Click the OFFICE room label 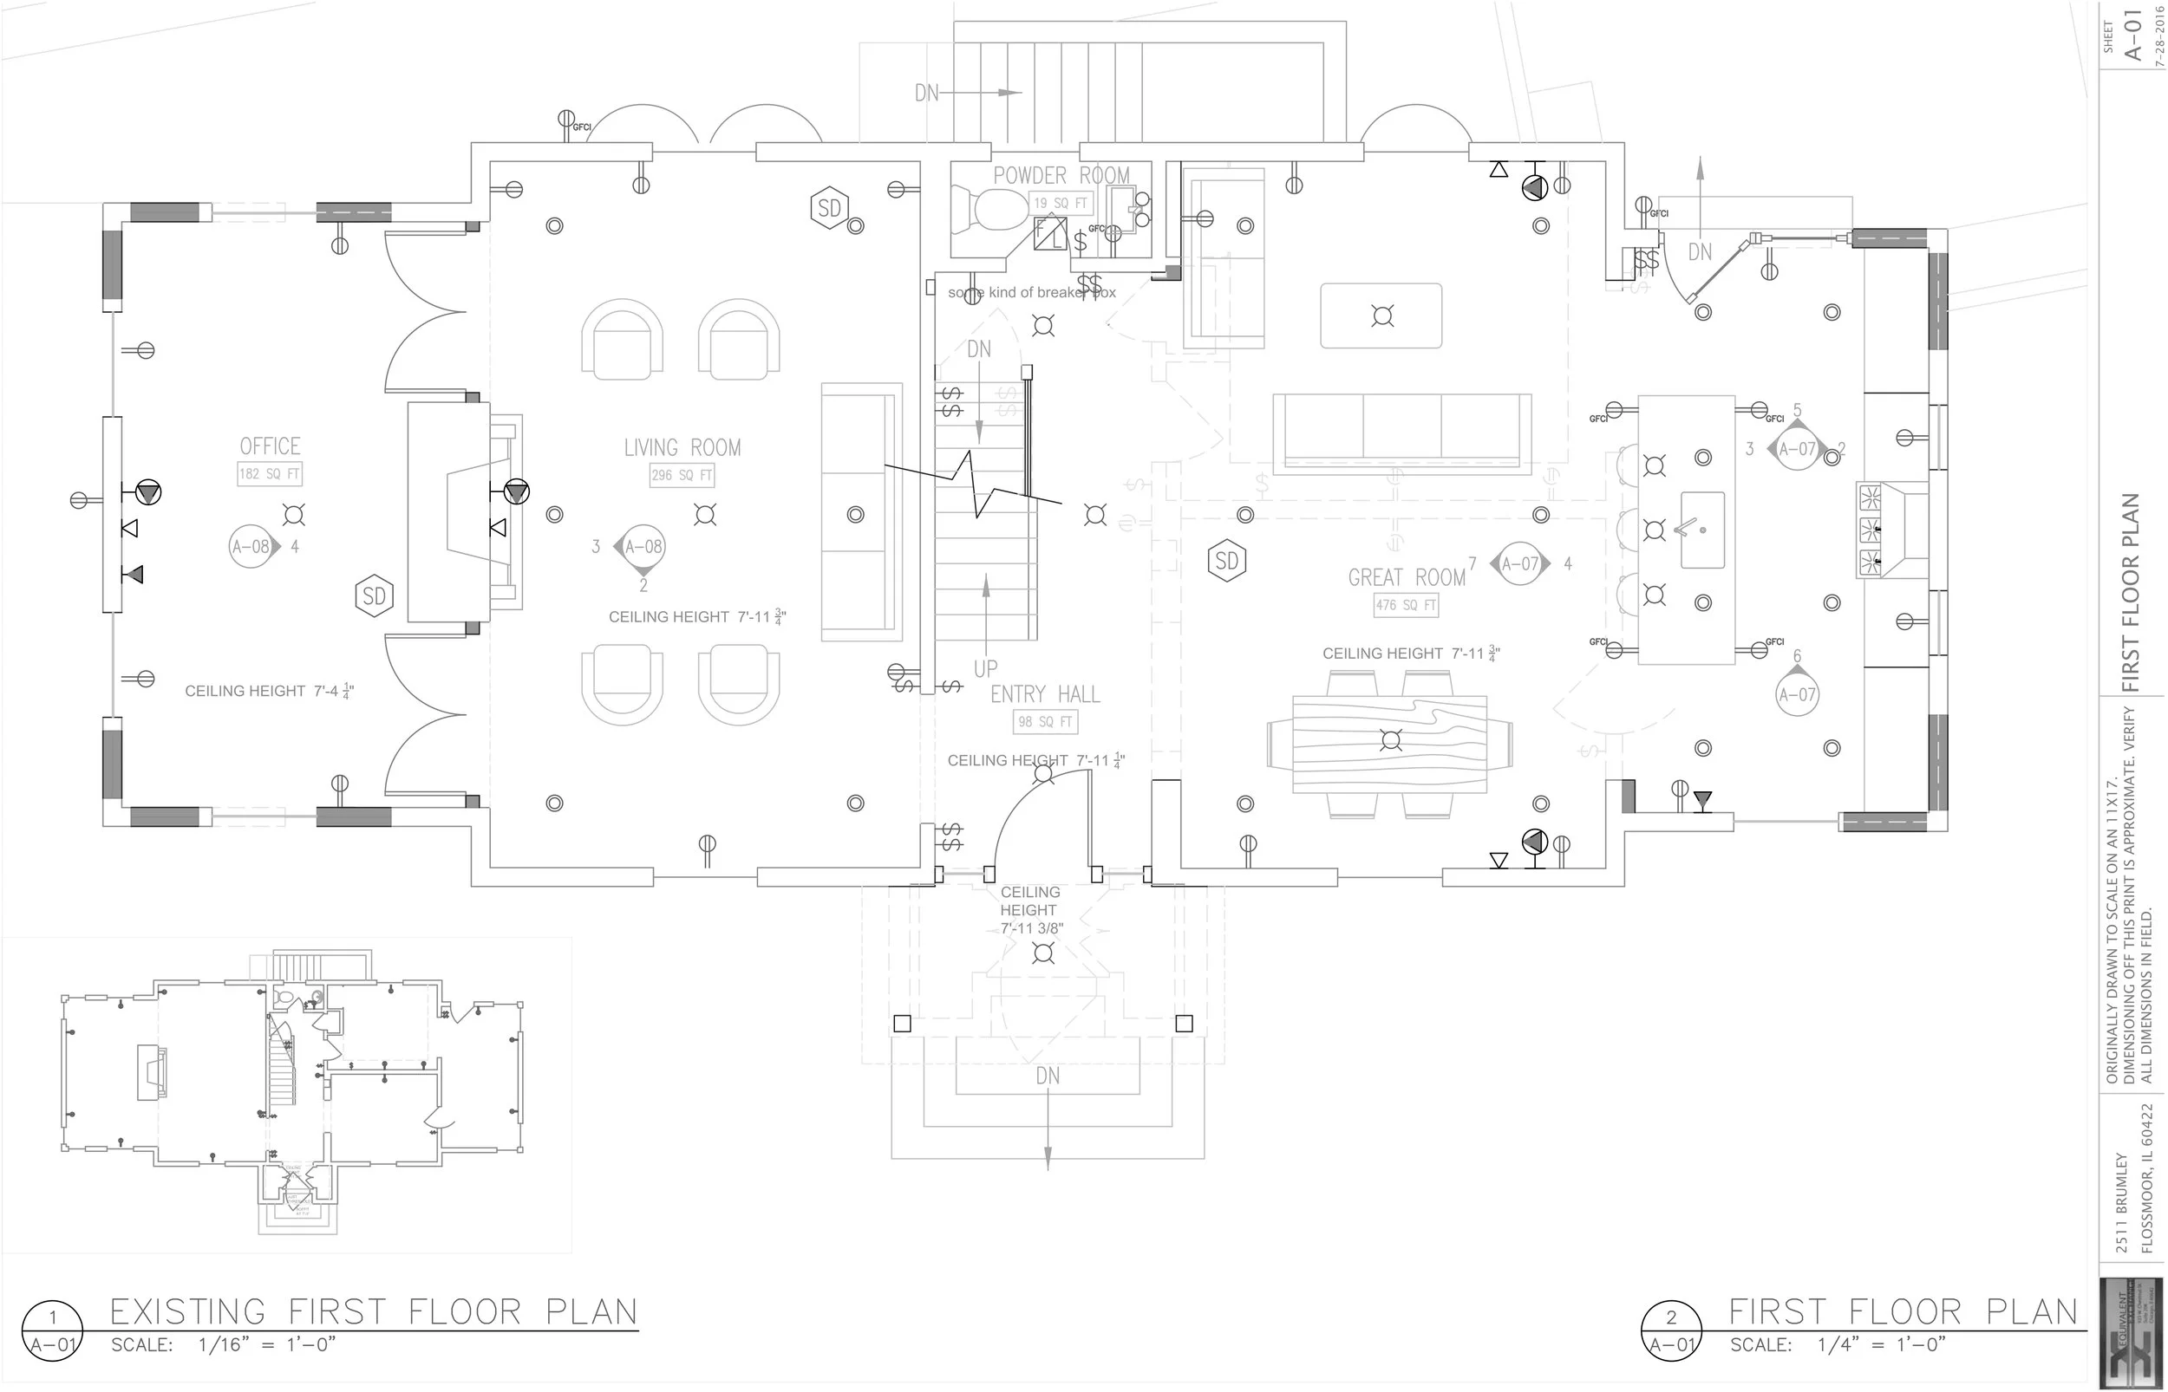(x=270, y=446)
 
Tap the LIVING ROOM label (x=682, y=447)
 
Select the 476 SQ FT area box (x=1406, y=605)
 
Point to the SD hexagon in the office (x=374, y=595)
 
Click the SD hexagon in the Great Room (x=1227, y=562)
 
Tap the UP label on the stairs (x=985, y=669)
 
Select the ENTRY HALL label (x=1045, y=694)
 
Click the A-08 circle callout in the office (x=251, y=546)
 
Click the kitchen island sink (x=1701, y=530)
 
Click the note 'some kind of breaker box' (x=1032, y=293)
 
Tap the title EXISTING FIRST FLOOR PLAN (x=374, y=1311)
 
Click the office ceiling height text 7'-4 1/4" (x=270, y=692)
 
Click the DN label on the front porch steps (x=1047, y=1076)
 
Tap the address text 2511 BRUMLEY (x=2122, y=1202)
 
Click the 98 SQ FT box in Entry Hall (x=1045, y=721)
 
